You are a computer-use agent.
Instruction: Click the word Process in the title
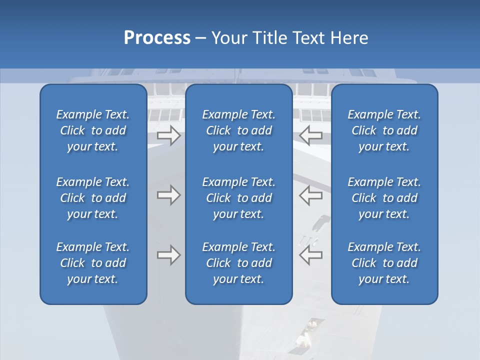coord(157,38)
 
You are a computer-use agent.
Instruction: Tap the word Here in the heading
coord(349,38)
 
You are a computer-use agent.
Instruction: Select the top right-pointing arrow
coord(168,135)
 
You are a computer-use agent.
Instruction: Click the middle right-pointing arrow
coord(168,195)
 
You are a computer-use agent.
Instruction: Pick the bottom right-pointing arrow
coord(168,255)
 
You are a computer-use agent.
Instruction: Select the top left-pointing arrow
coord(311,135)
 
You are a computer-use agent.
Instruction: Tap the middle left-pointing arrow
coord(311,195)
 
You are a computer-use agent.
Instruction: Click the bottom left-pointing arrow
coord(311,255)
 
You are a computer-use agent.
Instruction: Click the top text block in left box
coord(93,130)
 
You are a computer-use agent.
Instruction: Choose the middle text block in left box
coord(93,198)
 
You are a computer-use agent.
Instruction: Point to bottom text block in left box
coord(93,263)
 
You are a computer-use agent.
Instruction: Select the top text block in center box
coord(238,130)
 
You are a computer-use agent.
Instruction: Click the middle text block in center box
coord(238,198)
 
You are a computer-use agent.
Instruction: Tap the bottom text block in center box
coord(238,263)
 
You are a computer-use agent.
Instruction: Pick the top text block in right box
coord(384,130)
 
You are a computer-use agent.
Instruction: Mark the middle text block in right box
coord(384,198)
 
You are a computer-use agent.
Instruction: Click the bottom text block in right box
coord(384,263)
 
